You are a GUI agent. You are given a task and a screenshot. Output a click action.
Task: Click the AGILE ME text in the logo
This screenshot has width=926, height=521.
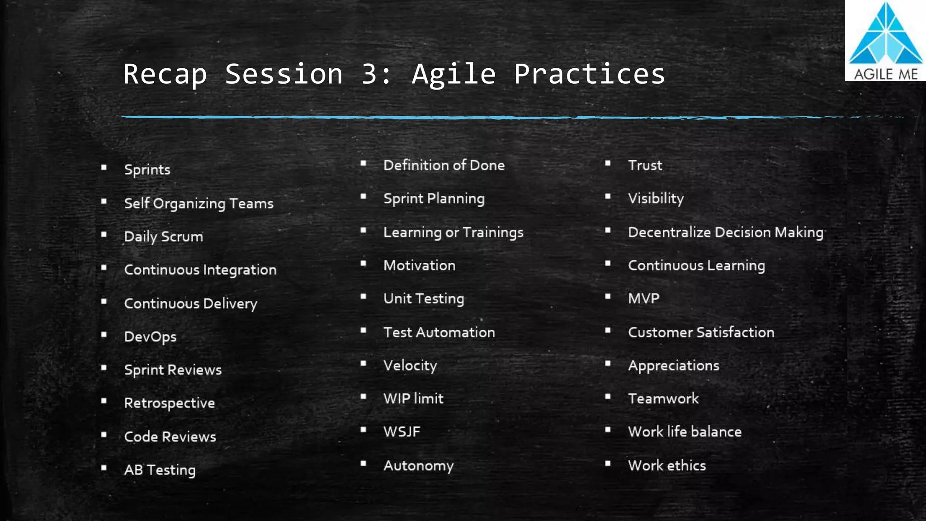point(885,74)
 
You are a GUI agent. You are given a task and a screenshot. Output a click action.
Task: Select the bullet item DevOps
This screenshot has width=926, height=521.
point(150,337)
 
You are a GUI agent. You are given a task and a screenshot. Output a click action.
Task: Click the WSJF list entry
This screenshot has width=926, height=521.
point(402,432)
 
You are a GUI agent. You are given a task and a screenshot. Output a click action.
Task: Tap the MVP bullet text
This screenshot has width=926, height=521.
point(643,298)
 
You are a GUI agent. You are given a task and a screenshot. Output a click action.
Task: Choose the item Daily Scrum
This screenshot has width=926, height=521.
point(164,237)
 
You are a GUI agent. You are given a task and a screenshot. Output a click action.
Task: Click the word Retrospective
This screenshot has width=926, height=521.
point(170,403)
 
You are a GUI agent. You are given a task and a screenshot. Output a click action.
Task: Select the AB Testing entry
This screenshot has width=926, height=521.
point(160,470)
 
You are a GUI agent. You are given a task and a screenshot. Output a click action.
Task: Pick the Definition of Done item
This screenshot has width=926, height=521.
point(444,166)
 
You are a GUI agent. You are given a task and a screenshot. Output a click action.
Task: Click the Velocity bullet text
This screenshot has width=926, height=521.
point(410,365)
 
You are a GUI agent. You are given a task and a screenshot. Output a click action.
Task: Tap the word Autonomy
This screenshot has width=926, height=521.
point(418,465)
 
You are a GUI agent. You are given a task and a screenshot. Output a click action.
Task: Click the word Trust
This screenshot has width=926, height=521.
point(645,166)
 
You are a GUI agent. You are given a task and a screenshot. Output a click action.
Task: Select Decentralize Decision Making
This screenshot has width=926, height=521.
point(725,232)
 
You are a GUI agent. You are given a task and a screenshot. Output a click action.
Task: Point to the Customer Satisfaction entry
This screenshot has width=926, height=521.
point(701,332)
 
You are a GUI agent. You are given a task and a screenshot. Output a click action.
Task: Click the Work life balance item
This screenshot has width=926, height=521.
point(685,432)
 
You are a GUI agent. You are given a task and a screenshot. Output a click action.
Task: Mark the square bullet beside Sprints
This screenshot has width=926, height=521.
point(104,168)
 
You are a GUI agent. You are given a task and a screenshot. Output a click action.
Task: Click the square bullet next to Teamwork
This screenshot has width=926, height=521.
point(608,397)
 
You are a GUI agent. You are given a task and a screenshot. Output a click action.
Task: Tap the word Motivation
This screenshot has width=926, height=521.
point(419,265)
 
